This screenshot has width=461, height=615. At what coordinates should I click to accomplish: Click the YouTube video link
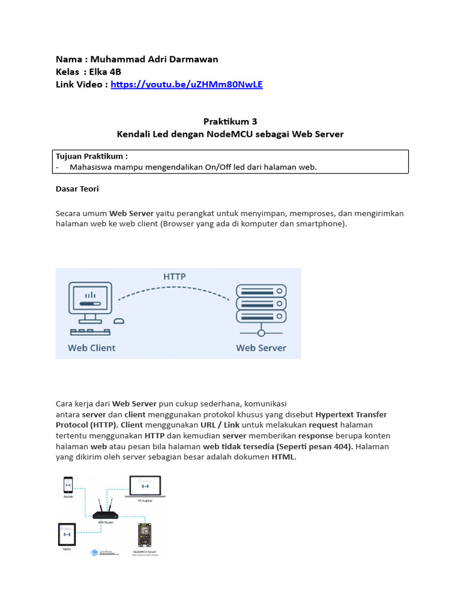pos(187,84)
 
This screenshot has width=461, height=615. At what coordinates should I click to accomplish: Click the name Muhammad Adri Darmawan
pos(154,59)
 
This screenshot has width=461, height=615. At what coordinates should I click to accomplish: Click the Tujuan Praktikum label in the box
pos(92,156)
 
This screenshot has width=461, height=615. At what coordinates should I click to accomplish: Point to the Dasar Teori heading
pos(77,189)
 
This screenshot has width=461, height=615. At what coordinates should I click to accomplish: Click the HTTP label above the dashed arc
pos(175,277)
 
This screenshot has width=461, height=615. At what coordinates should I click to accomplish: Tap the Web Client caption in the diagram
pos(91,347)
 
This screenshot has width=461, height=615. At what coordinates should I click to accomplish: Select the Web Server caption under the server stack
pos(261,347)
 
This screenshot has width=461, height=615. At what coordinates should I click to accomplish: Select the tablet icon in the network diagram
pos(67,534)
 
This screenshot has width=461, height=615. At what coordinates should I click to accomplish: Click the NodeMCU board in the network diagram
pos(144,535)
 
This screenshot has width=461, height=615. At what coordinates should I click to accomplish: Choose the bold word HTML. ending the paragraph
pos(284,458)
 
